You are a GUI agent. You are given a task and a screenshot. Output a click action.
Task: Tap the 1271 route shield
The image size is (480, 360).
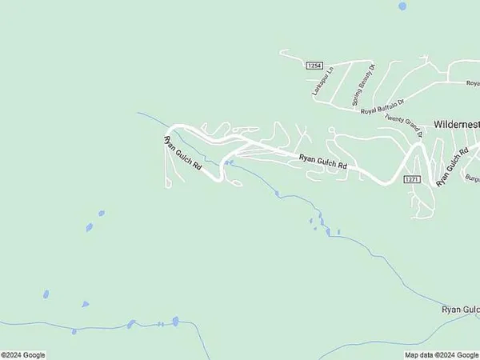pos(410,178)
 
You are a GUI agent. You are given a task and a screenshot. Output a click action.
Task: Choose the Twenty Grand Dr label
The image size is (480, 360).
pos(402,120)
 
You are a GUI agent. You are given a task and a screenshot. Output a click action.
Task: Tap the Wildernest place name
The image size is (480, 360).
pos(456,125)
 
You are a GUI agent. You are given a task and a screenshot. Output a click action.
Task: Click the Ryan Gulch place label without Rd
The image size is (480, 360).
pos(461,309)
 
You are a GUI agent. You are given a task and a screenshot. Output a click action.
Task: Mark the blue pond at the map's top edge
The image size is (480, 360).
pos(402,6)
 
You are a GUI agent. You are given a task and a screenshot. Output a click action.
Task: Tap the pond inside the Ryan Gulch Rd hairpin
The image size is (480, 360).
pos(230,163)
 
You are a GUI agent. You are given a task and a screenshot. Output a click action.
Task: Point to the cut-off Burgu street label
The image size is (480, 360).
pos(471,178)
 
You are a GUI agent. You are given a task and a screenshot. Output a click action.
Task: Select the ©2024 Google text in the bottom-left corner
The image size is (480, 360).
pos(23,354)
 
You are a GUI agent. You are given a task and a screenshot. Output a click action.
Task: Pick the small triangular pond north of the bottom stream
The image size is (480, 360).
pos(84,304)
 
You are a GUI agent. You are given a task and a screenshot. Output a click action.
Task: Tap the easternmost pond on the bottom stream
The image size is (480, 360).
pos(175,322)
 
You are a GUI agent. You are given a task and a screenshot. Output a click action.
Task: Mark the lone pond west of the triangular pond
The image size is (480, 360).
pos(46,294)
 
